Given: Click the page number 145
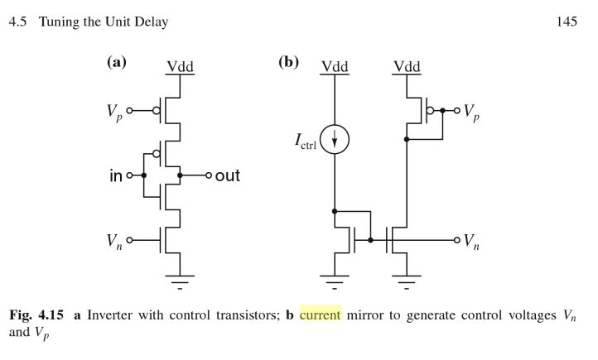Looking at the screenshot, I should click(x=567, y=22).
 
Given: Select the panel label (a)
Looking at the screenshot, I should click(x=117, y=62).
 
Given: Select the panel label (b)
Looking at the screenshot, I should click(x=288, y=62).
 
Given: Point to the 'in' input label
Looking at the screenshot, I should click(x=116, y=176).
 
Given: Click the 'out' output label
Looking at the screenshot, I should click(x=228, y=176).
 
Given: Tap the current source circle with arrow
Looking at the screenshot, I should click(x=335, y=141).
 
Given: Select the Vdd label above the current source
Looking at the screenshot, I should click(x=335, y=67).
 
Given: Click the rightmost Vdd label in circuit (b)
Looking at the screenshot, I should click(x=407, y=67).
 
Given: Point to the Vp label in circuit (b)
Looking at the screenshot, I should click(x=470, y=111).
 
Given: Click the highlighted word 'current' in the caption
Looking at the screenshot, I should click(x=320, y=315).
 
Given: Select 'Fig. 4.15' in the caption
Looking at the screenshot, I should click(x=36, y=315).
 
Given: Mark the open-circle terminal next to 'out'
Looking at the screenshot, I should click(x=209, y=176).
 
